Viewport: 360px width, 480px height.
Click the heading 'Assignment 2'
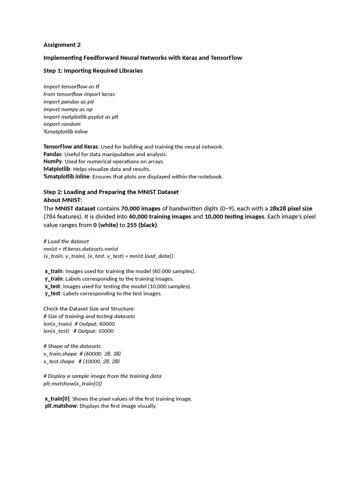point(62,45)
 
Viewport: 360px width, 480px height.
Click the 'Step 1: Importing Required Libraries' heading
point(93,71)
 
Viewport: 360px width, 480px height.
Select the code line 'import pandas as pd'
point(68,102)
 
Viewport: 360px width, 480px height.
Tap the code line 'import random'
point(62,124)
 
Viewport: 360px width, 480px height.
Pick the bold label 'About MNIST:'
point(62,200)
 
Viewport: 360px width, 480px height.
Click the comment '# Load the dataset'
point(66,241)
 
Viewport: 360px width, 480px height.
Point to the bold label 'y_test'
point(52,294)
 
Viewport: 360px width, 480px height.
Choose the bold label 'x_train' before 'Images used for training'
point(53,271)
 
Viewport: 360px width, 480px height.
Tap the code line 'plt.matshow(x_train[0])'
point(73,384)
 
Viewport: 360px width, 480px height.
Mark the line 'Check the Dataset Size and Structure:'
point(89,309)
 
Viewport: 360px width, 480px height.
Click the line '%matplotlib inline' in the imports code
point(66,132)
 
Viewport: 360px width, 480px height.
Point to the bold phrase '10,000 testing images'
point(234,217)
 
